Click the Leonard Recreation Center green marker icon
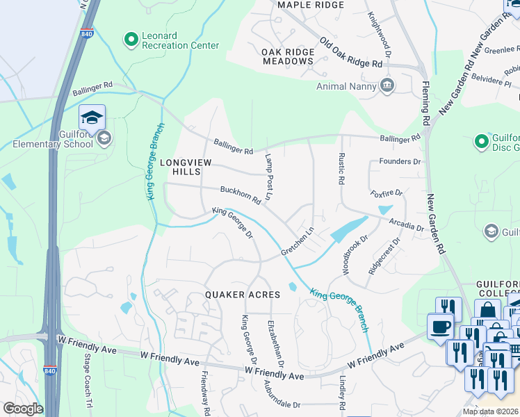coord(130,40)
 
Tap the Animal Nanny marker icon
coord(387,86)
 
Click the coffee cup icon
coord(441,327)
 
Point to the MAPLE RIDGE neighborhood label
coord(311,5)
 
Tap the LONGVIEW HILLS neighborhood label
coord(184,167)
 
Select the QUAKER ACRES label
coord(243,295)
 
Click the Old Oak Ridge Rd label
coord(351,51)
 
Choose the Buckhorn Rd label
coord(240,194)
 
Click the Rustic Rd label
coord(341,169)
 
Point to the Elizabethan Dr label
coord(276,343)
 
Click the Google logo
coord(23,409)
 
